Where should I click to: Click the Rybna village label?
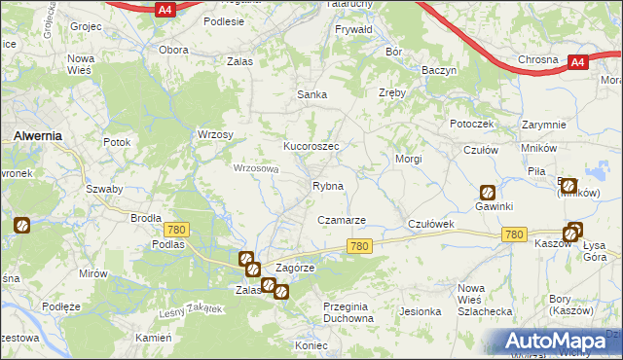click(x=327, y=186)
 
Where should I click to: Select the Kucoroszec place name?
click(x=311, y=146)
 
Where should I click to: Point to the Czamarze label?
click(x=342, y=220)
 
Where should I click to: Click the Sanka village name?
click(x=311, y=94)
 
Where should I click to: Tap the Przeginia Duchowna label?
click(x=348, y=312)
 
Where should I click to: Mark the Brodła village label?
click(x=146, y=218)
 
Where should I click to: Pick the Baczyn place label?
click(x=439, y=71)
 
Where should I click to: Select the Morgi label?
click(x=408, y=158)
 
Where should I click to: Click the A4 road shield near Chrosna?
click(x=577, y=62)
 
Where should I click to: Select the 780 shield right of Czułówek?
click(x=515, y=234)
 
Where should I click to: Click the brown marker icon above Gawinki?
click(x=487, y=193)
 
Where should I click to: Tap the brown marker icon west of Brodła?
click(x=21, y=226)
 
